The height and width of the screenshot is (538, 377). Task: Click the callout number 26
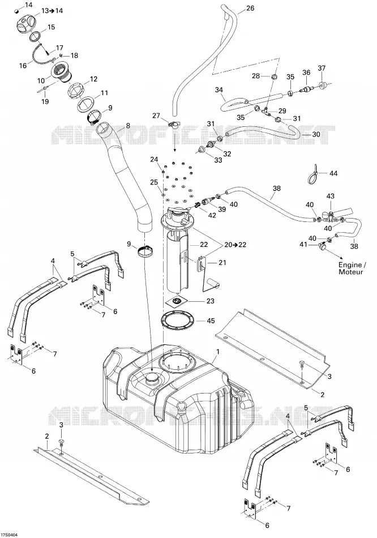pyautogui.click(x=250, y=8)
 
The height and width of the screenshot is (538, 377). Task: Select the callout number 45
pyautogui.click(x=211, y=321)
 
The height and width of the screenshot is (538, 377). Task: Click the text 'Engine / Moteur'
pyautogui.click(x=350, y=268)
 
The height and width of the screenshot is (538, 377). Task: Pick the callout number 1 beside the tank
pyautogui.click(x=217, y=351)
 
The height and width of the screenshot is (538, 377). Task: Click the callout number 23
pyautogui.click(x=210, y=301)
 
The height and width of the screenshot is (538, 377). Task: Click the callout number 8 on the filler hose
pyautogui.click(x=128, y=126)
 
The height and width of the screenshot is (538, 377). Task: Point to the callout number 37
pyautogui.click(x=322, y=69)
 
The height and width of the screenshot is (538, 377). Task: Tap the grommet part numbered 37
pyautogui.click(x=323, y=84)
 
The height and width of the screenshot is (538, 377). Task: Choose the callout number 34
pyautogui.click(x=219, y=90)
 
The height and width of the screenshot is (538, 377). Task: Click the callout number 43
pyautogui.click(x=330, y=197)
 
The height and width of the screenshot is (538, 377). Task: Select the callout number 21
pyautogui.click(x=222, y=263)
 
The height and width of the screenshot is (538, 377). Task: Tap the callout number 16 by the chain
pyautogui.click(x=23, y=66)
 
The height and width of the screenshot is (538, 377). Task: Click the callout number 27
pyautogui.click(x=156, y=116)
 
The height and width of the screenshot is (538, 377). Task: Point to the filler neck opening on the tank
pyautogui.click(x=151, y=378)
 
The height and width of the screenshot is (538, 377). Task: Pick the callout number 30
pyautogui.click(x=316, y=134)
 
